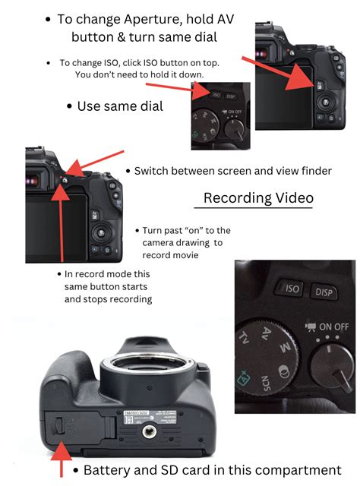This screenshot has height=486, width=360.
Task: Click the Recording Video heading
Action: [x=258, y=198]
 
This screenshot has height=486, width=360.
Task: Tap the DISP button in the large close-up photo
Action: [x=325, y=292]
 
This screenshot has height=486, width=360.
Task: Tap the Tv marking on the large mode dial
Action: [x=245, y=336]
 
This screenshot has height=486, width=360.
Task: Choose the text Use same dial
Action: [x=120, y=106]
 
